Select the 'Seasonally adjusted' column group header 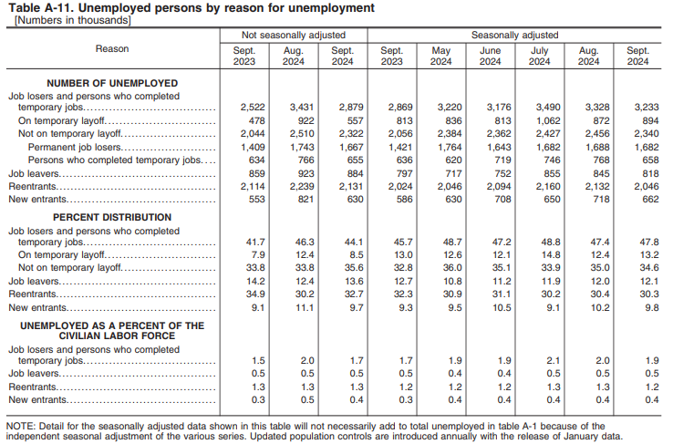point(514,35)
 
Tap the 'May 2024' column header point(441,55)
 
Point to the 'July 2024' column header point(540,55)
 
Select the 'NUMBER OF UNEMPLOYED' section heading point(112,83)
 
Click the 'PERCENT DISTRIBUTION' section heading point(112,218)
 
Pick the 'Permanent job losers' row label point(77,147)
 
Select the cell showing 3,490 point(540,108)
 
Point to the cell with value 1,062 point(540,120)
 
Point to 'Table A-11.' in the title point(36,8)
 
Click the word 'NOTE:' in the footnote point(20,426)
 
